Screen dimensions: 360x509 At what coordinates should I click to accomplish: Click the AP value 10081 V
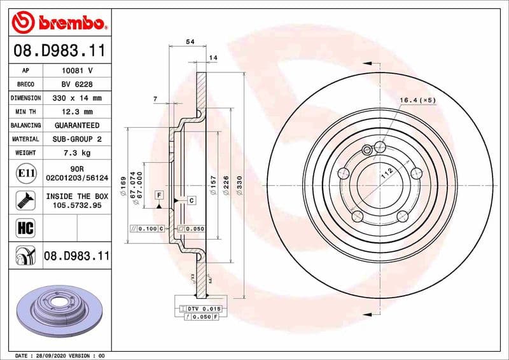(76, 71)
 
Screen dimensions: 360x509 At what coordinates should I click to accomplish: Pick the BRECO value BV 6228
(76, 85)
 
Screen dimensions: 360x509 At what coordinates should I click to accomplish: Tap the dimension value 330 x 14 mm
(76, 98)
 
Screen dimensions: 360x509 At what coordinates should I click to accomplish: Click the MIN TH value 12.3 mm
(76, 112)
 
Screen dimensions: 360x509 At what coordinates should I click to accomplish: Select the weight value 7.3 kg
(76, 153)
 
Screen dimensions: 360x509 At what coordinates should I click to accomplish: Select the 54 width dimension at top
(189, 41)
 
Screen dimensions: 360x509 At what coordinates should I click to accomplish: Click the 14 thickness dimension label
(213, 58)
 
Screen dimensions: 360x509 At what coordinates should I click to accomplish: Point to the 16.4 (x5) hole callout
(417, 100)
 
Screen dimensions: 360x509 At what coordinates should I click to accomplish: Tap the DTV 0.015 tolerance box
(201, 308)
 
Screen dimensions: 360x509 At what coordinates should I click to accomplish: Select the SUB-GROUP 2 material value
(76, 139)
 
